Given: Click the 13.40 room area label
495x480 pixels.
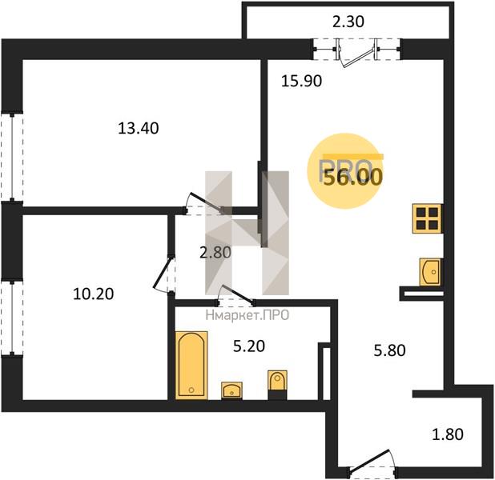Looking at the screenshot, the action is (x=139, y=128).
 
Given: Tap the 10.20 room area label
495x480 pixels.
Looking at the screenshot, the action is (x=93, y=294).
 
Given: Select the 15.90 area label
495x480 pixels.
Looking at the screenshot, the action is (x=301, y=81).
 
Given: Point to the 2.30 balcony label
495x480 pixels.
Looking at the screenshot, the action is (x=348, y=22).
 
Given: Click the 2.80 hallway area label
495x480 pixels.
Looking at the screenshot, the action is (x=215, y=253).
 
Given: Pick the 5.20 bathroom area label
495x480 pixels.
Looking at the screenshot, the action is (x=249, y=346).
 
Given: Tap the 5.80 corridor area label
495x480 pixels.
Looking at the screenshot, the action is (x=389, y=350).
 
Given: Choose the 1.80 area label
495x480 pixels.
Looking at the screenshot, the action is (x=448, y=434).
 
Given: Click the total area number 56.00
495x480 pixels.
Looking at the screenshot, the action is (x=353, y=178).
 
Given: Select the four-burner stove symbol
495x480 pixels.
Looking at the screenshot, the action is (x=427, y=218).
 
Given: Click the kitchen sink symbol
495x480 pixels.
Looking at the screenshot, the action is (x=429, y=272).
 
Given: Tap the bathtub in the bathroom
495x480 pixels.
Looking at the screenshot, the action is (x=191, y=366).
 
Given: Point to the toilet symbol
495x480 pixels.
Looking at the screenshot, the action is (x=277, y=385).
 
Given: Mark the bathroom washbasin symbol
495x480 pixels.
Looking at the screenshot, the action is (x=231, y=390).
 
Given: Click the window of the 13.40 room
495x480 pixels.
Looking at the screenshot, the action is (x=12, y=158).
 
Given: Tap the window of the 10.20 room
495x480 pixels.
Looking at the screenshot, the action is (x=12, y=318).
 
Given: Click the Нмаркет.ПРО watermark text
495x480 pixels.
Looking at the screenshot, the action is (x=247, y=315).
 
